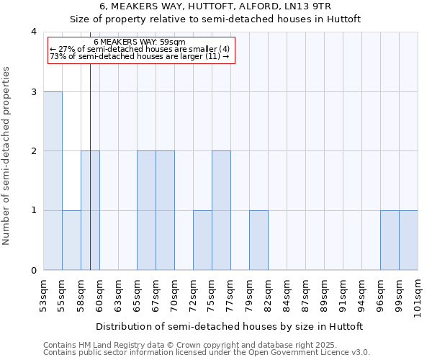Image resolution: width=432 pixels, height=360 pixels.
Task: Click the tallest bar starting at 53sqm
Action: click(53, 181)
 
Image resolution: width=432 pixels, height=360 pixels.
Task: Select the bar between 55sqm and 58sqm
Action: click(71, 240)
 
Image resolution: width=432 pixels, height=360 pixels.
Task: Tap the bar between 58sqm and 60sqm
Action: click(90, 210)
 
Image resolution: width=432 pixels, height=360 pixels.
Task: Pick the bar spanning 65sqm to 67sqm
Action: click(146, 210)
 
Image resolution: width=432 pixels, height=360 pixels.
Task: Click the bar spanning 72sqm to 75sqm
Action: click(202, 240)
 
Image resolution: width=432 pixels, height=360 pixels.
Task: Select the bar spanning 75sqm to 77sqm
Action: click(221, 210)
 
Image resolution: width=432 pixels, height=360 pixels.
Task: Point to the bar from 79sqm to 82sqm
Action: click(258, 240)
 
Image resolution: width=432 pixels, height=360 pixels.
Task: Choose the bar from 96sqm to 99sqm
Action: click(390, 240)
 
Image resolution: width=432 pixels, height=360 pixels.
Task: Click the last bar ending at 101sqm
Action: click(408, 240)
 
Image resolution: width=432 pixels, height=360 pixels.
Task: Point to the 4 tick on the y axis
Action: click(33, 32)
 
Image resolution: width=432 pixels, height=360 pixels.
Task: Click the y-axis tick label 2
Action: click(33, 151)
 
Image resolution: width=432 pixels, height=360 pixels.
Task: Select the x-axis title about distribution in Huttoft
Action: click(230, 326)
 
